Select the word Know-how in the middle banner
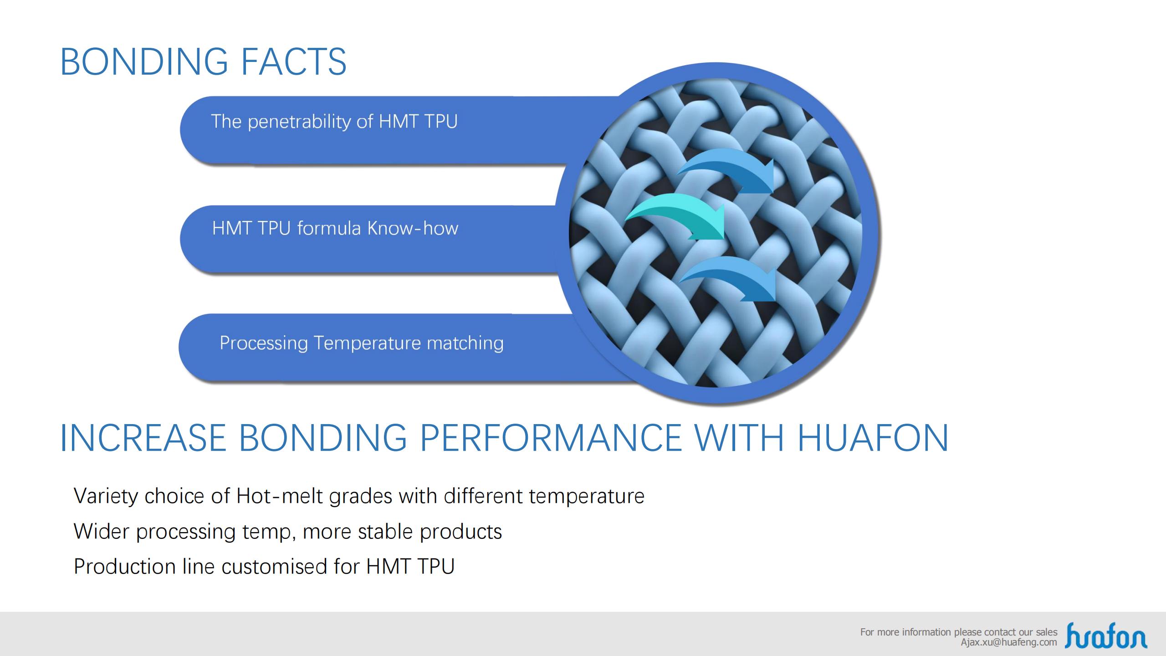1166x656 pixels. (x=413, y=228)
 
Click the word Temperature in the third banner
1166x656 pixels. (x=367, y=343)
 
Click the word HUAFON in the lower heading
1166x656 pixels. (x=873, y=438)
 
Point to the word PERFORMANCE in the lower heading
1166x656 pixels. (x=550, y=438)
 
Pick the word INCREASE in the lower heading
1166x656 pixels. (x=143, y=438)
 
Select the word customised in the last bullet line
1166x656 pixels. (x=274, y=567)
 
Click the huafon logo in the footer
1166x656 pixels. (x=1106, y=635)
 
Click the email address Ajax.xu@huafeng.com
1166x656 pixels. (x=1009, y=642)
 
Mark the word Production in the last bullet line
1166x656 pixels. (x=124, y=567)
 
